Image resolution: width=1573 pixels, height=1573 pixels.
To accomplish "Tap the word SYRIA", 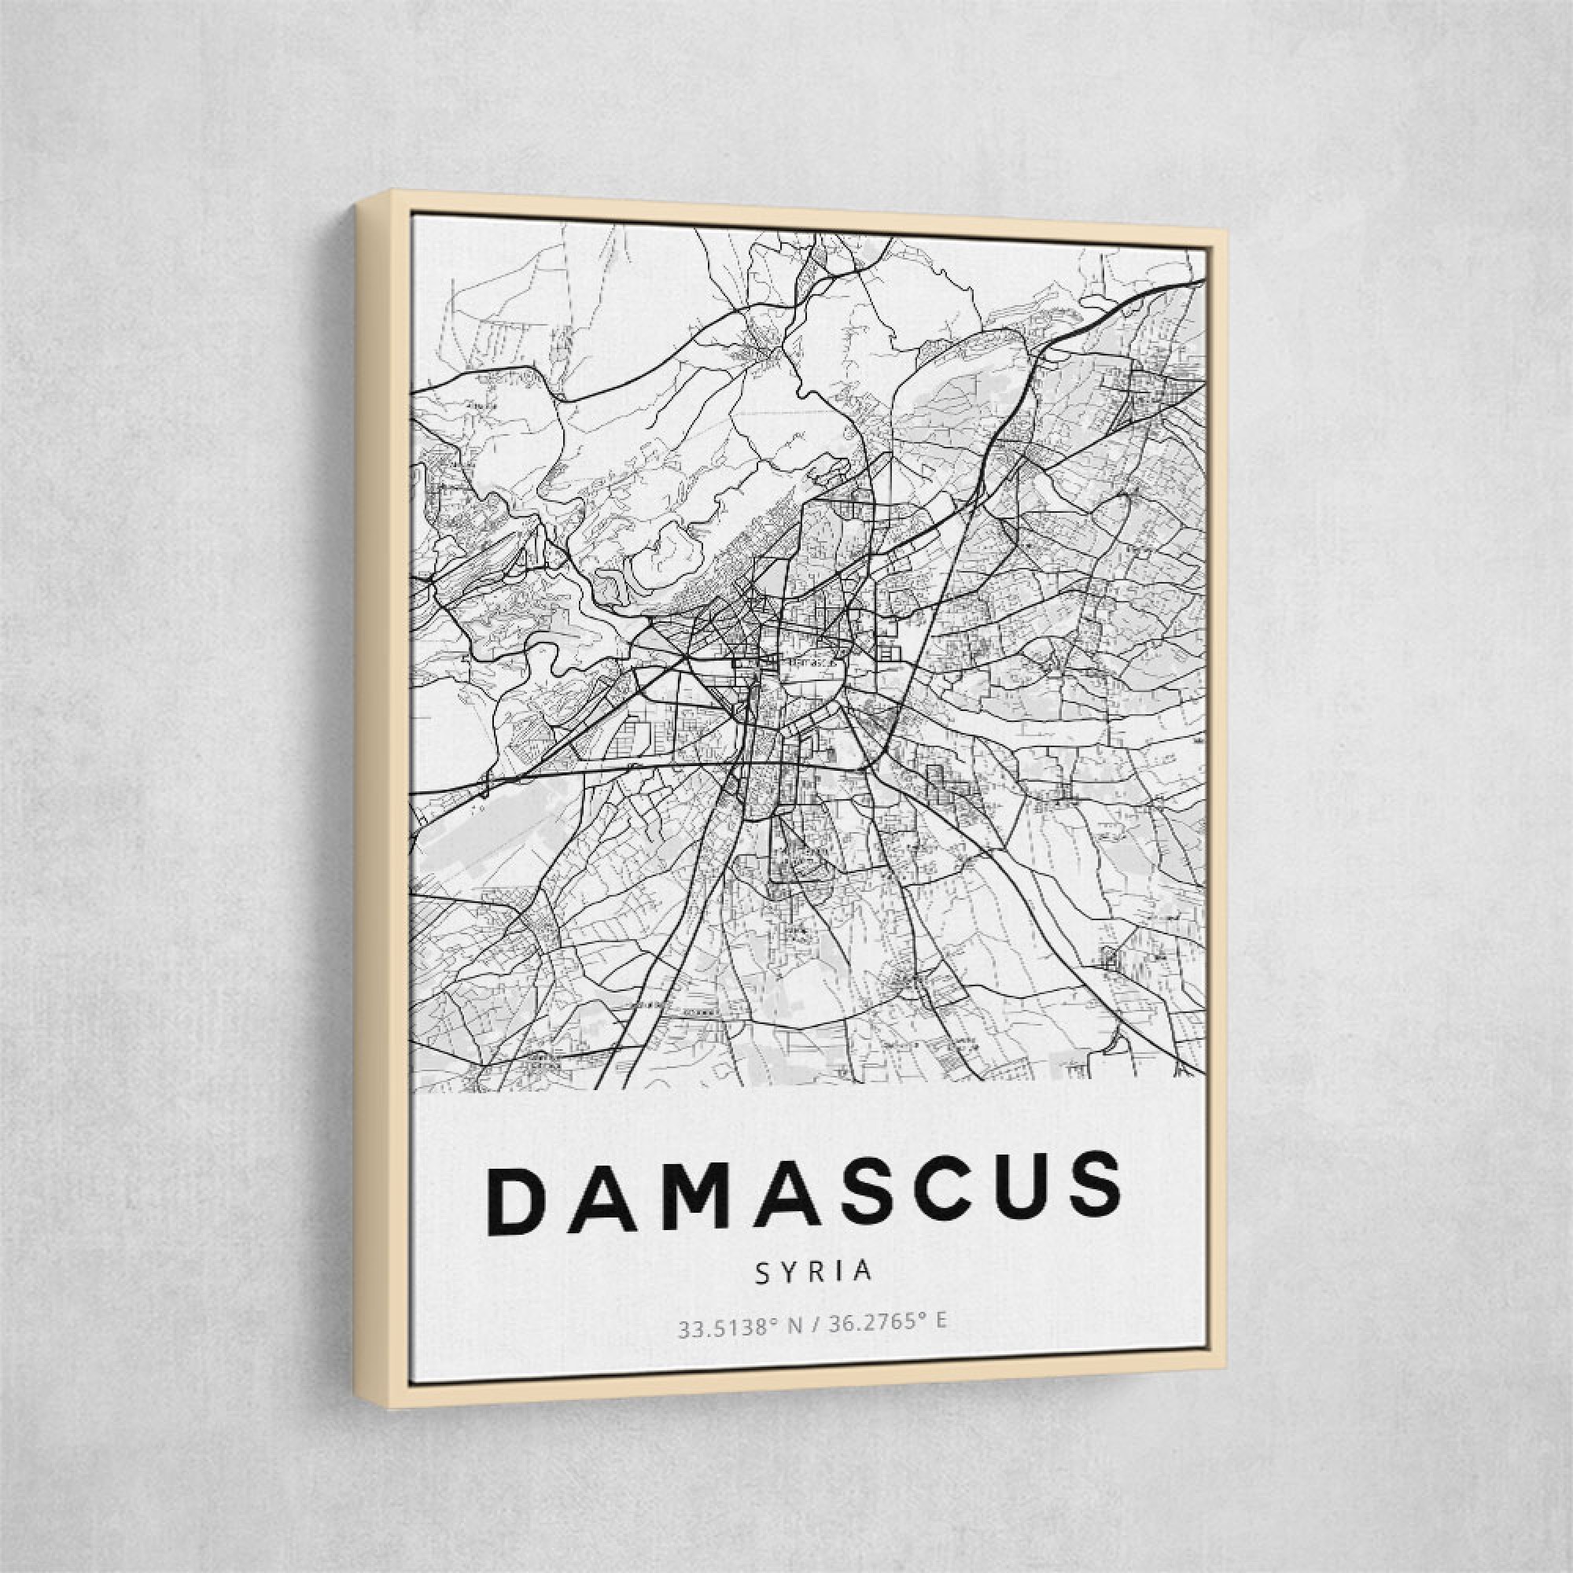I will pyautogui.click(x=814, y=1272).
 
